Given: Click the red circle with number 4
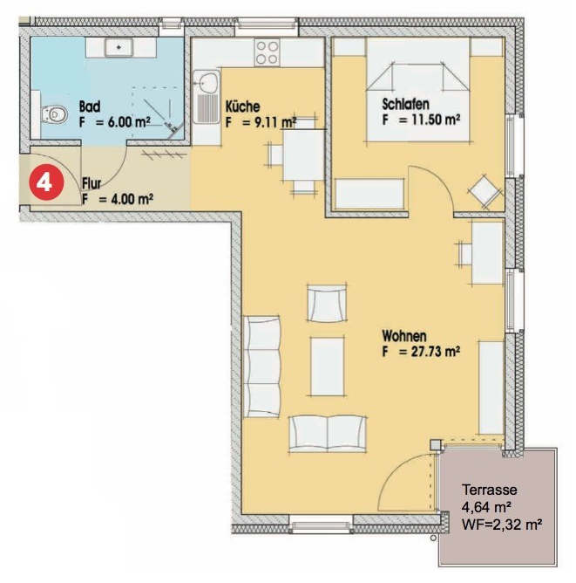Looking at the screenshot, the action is pyautogui.click(x=47, y=182).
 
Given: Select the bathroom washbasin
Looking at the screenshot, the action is pyautogui.click(x=119, y=48).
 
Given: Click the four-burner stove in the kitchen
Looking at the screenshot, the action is pyautogui.click(x=268, y=52).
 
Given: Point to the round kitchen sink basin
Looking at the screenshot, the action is pyautogui.click(x=207, y=81).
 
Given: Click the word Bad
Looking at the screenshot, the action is pyautogui.click(x=90, y=106).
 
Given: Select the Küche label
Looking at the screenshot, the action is pyautogui.click(x=243, y=106).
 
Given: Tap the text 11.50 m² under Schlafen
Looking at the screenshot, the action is pyautogui.click(x=430, y=120).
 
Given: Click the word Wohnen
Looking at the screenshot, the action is pyautogui.click(x=404, y=336).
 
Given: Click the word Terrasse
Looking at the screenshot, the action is pyautogui.click(x=489, y=490).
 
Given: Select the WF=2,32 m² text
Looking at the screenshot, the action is pyautogui.click(x=502, y=525).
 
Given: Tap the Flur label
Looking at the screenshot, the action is pyautogui.click(x=91, y=183).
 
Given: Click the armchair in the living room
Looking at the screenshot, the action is pyautogui.click(x=327, y=303).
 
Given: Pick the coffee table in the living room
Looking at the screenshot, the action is pyautogui.click(x=327, y=367).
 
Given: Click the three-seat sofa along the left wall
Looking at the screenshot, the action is pyautogui.click(x=262, y=367).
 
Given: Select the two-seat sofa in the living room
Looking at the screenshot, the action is pyautogui.click(x=328, y=433).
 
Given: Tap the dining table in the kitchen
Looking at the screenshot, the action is pyautogui.click(x=303, y=154).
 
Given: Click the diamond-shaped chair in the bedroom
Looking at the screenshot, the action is pyautogui.click(x=485, y=191).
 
